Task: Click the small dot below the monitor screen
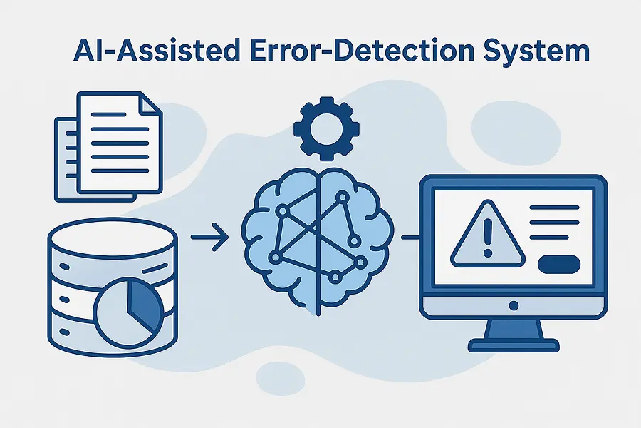click(x=513, y=305)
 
